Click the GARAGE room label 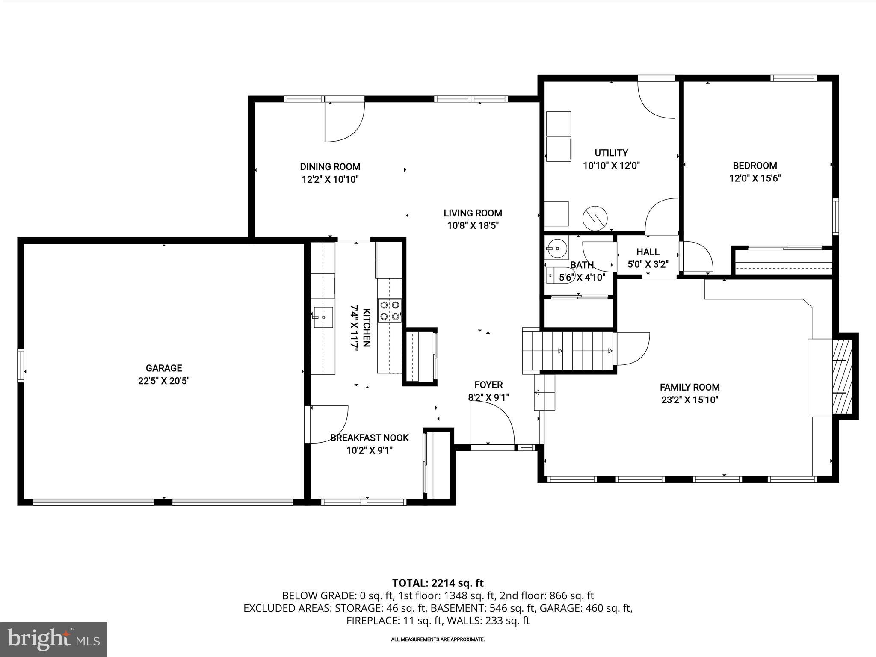pos(164,368)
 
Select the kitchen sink pos(324,317)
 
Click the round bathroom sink pos(557,248)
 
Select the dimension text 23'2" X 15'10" pos(690,400)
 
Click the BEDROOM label pos(755,166)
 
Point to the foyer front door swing pos(492,423)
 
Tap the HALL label pos(648,252)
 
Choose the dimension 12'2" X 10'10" pos(330,179)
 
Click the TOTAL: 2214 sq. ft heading pos(438,583)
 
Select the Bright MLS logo pos(53,639)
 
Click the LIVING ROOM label pos(473,213)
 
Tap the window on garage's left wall pos(20,365)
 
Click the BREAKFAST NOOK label pos(369,438)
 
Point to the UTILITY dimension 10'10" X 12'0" pos(611,166)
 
